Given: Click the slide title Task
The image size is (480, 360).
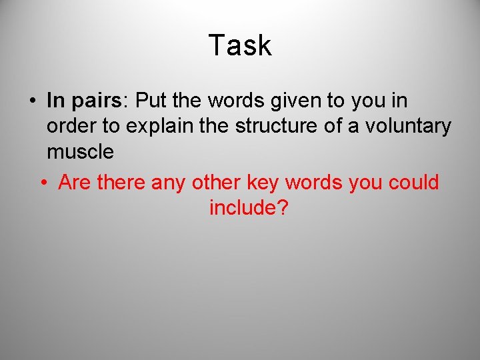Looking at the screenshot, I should point(240,45).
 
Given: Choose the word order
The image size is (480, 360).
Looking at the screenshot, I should point(69,127).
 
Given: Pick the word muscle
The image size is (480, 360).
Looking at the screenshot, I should point(80,152).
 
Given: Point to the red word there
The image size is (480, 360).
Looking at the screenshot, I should point(121,183).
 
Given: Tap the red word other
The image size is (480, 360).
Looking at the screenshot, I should point(215,183).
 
